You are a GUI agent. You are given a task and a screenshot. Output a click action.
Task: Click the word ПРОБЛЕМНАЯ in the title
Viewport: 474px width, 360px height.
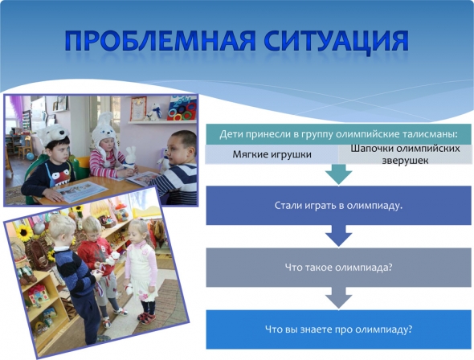click(161, 40)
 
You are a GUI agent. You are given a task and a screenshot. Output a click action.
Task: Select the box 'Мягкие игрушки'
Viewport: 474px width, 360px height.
click(272, 154)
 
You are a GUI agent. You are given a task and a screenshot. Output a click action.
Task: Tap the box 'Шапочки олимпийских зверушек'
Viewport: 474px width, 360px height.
click(405, 154)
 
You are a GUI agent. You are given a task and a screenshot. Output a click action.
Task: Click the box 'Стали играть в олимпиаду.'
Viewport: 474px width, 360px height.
click(338, 206)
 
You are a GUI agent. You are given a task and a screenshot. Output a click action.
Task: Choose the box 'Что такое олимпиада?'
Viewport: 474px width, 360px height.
click(338, 268)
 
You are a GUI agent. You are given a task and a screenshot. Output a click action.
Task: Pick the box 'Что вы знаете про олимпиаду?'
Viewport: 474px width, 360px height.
click(338, 329)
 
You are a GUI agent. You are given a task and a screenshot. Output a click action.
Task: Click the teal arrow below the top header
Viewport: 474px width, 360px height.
click(338, 174)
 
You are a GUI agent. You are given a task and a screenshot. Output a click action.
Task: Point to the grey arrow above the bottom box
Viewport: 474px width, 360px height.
click(338, 298)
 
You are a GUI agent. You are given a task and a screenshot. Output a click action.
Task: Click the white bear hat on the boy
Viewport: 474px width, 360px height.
click(53, 133)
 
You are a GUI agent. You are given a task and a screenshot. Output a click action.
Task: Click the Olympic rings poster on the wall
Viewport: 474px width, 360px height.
click(182, 108)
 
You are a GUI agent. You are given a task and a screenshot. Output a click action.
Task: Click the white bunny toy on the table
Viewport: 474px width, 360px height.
click(130, 157)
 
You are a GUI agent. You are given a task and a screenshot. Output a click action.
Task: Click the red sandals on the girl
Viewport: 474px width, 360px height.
click(147, 317)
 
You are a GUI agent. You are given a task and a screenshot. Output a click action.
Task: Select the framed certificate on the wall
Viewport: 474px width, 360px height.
click(138, 108)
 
